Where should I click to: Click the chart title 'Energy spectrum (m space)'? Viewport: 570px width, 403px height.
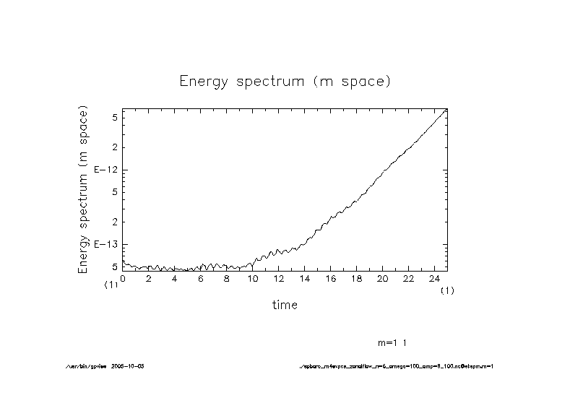[x=285, y=81]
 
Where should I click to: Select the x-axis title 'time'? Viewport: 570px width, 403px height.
[x=285, y=305]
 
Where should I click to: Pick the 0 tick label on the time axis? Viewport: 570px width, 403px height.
[x=123, y=278]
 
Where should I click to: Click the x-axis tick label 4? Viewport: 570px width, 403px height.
[x=175, y=278]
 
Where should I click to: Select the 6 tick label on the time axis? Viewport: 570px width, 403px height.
[x=201, y=278]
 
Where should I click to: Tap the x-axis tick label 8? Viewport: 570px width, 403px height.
[x=227, y=278]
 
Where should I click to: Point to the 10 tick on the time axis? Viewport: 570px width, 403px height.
[x=252, y=278]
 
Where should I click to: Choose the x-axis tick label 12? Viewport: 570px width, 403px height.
[x=278, y=278]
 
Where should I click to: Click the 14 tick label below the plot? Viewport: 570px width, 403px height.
[x=304, y=278]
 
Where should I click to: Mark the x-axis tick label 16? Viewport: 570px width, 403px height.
[x=330, y=278]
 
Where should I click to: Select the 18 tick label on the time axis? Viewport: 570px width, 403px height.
[x=356, y=278]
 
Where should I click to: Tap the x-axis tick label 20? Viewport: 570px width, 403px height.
[x=382, y=278]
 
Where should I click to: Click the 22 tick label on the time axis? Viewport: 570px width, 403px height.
[x=408, y=278]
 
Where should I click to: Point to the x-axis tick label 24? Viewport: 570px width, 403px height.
[x=434, y=278]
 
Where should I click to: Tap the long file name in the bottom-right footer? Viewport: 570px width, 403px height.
[x=396, y=366]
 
